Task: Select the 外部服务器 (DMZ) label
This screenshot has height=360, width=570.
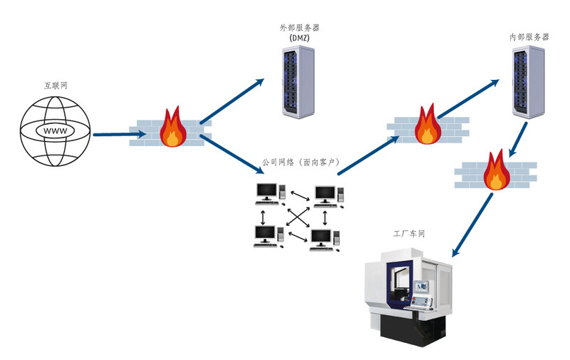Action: point(299,32)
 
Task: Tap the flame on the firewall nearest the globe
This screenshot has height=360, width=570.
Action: point(172,128)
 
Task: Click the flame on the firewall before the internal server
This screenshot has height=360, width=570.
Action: point(427,125)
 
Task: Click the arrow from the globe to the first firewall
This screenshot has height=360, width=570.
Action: point(110,133)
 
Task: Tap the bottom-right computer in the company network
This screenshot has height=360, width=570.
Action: point(323,238)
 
